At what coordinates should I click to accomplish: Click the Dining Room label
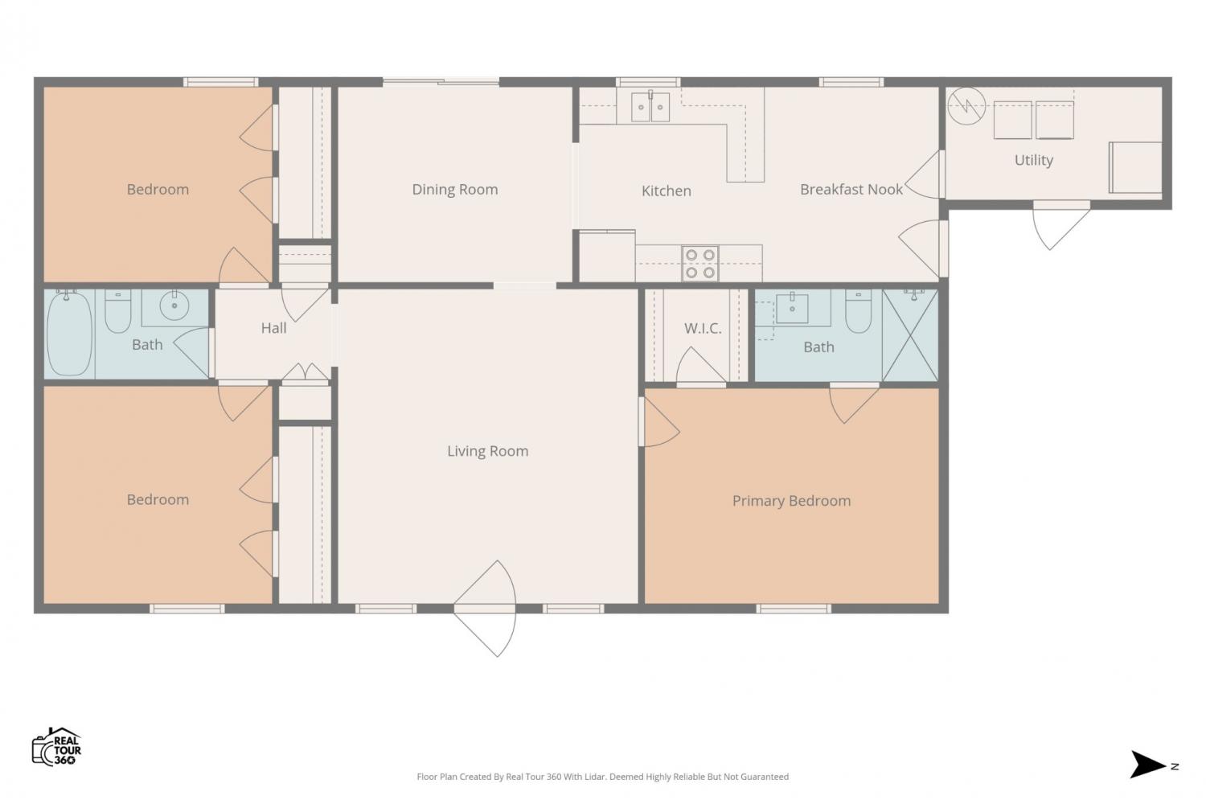pyautogui.click(x=455, y=190)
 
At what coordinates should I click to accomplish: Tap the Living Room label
pyautogui.click(x=488, y=451)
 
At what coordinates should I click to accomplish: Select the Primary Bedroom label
pyautogui.click(x=791, y=501)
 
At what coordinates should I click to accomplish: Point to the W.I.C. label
pyautogui.click(x=703, y=328)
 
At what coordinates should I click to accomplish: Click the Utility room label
pyautogui.click(x=1034, y=160)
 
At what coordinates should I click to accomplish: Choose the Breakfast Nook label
pyautogui.click(x=851, y=190)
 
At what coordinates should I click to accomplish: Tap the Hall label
pyautogui.click(x=273, y=328)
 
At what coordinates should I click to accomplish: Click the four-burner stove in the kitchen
pyautogui.click(x=700, y=264)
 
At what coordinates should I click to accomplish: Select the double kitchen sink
pyautogui.click(x=650, y=106)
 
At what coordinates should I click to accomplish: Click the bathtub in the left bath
pyautogui.click(x=69, y=334)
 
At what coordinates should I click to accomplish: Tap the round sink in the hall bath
pyautogui.click(x=174, y=306)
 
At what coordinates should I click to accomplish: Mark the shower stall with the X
pyautogui.click(x=910, y=335)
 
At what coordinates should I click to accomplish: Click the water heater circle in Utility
pyautogui.click(x=966, y=106)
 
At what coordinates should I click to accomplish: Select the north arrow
pyautogui.click(x=1147, y=764)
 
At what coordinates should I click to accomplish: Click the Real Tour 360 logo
pyautogui.click(x=56, y=746)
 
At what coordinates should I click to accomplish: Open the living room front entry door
pyautogui.click(x=485, y=609)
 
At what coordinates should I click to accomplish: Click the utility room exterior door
pyautogui.click(x=1061, y=225)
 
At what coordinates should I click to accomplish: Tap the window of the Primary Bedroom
pyautogui.click(x=794, y=609)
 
